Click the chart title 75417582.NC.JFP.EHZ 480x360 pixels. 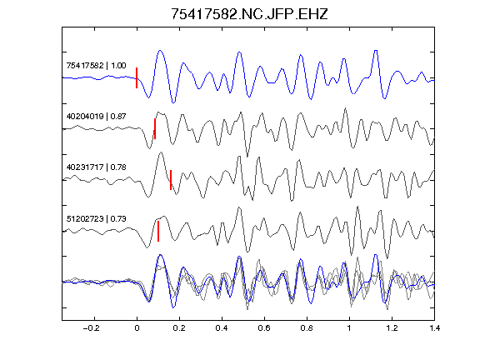[x=249, y=14]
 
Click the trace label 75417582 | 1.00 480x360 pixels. [x=96, y=66]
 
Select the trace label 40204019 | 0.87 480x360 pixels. [x=96, y=117]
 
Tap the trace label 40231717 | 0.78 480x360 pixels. [x=96, y=167]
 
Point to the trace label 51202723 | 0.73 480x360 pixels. [x=96, y=218]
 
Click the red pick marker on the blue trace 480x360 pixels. [x=137, y=77]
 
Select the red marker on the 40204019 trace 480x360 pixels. [x=155, y=129]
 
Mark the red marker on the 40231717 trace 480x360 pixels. [x=171, y=180]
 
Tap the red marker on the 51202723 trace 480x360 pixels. [x=158, y=231]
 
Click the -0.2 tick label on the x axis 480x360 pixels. [x=91, y=328]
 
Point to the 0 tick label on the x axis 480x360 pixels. [x=137, y=328]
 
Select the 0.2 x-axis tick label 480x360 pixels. [x=179, y=328]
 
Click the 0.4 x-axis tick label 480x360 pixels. [x=222, y=328]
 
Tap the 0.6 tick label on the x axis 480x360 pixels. [x=264, y=328]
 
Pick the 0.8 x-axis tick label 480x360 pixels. [x=307, y=328]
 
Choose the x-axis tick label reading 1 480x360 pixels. [x=349, y=328]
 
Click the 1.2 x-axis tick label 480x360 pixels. [x=392, y=328]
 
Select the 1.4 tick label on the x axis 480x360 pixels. [x=434, y=328]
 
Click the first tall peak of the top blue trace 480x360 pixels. [x=160, y=51]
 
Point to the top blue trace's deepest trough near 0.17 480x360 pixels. [x=173, y=102]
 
